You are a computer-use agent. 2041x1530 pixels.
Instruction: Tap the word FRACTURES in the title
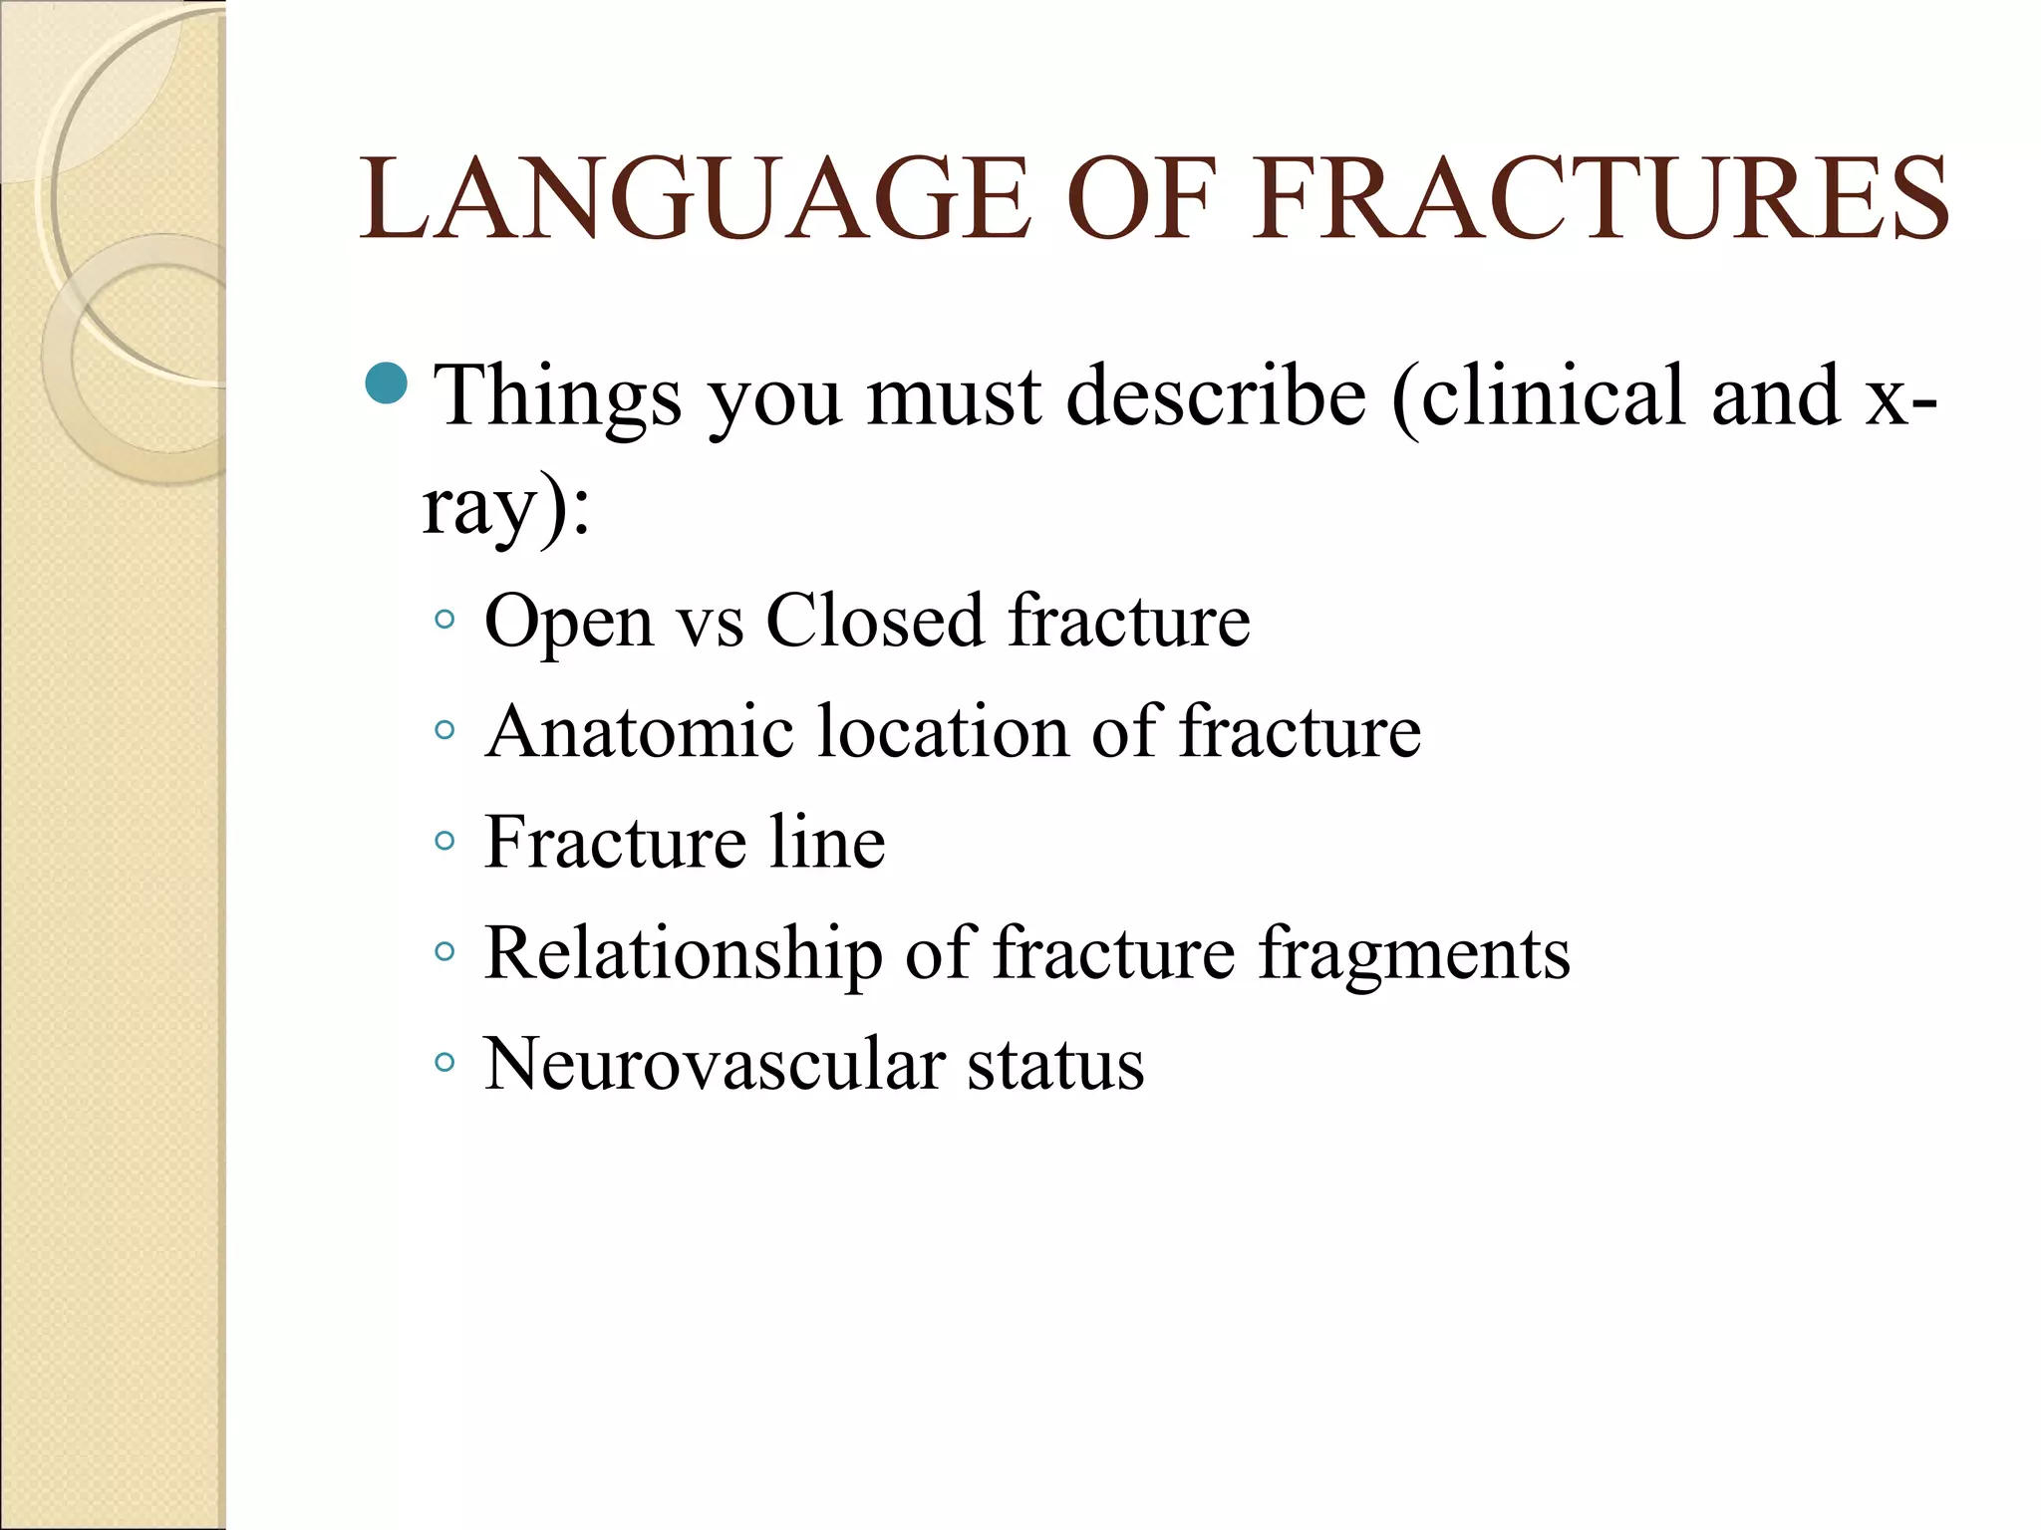[x=1601, y=198]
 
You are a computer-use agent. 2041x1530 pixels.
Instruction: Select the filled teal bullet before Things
[x=386, y=383]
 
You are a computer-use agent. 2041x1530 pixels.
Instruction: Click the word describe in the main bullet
[x=1216, y=396]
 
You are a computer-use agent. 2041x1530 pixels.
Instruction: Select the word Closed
[x=874, y=621]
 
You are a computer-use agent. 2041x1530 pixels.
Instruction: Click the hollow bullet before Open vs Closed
[x=444, y=621]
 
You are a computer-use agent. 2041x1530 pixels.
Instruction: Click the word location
[x=943, y=732]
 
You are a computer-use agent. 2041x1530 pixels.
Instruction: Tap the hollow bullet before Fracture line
[x=444, y=842]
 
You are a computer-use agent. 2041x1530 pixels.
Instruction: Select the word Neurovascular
[x=714, y=1065]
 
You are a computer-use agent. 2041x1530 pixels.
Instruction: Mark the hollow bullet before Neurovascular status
[x=444, y=1063]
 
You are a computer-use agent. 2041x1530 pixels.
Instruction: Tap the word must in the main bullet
[x=954, y=396]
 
